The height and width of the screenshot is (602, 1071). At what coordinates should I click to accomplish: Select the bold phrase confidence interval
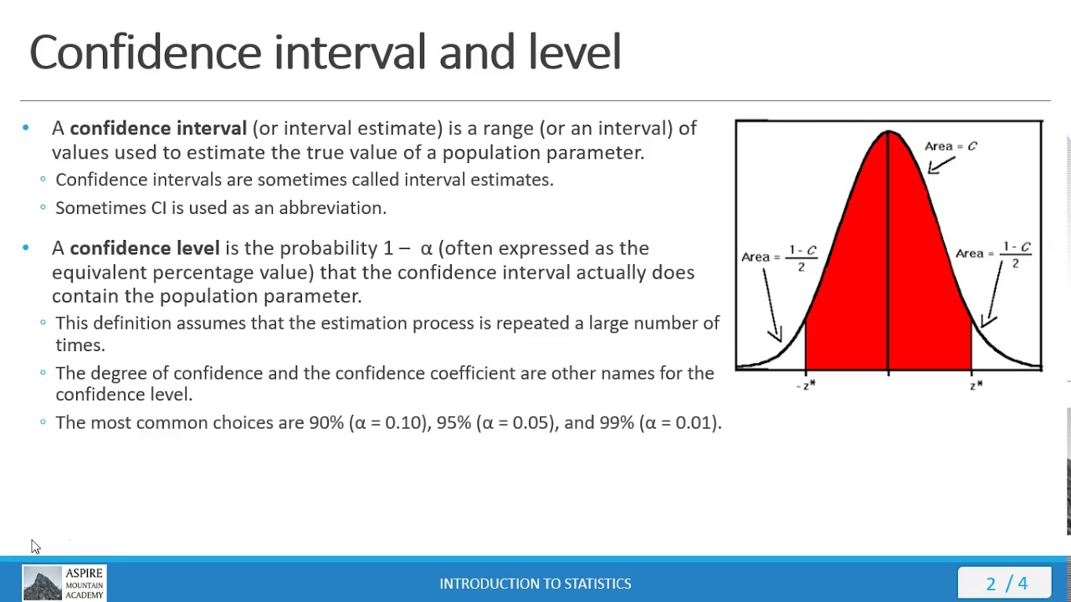pyautogui.click(x=158, y=128)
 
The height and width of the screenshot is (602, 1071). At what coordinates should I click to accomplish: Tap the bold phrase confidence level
pyautogui.click(x=144, y=248)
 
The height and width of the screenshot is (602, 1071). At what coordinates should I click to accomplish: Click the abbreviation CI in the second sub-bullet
pyautogui.click(x=159, y=208)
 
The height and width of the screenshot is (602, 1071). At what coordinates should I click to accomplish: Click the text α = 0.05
pyautogui.click(x=515, y=423)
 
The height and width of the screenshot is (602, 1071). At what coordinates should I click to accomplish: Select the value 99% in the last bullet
pyautogui.click(x=617, y=423)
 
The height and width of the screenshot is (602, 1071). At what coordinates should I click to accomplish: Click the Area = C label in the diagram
pyautogui.click(x=951, y=146)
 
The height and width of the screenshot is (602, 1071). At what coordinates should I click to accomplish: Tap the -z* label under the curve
pyautogui.click(x=806, y=385)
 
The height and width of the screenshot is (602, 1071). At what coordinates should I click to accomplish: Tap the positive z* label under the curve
pyautogui.click(x=976, y=385)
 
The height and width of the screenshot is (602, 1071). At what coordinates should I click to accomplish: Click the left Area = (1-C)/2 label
pyautogui.click(x=779, y=258)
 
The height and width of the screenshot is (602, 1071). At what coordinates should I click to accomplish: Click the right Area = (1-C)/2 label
pyautogui.click(x=994, y=254)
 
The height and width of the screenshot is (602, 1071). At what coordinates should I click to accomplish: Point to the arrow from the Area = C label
pyautogui.click(x=940, y=166)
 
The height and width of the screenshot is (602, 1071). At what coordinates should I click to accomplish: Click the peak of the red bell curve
pyautogui.click(x=889, y=134)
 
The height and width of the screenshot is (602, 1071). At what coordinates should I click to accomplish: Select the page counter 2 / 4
pyautogui.click(x=1006, y=584)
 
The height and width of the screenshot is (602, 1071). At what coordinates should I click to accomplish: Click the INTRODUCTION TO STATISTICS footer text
pyautogui.click(x=535, y=584)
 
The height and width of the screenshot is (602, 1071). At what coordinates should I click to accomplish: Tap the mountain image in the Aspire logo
pyautogui.click(x=42, y=584)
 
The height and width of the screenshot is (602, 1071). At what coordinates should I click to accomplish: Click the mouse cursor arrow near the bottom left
pyautogui.click(x=34, y=546)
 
